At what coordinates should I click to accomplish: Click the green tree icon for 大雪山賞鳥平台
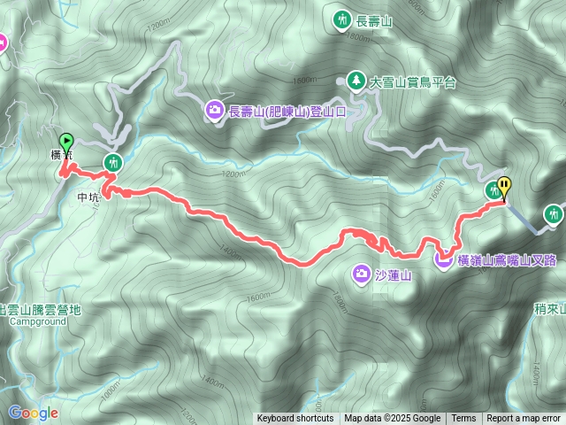coord(356,81)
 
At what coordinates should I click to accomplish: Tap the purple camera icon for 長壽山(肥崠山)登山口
coord(215,110)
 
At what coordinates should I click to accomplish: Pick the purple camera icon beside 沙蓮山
coord(361,273)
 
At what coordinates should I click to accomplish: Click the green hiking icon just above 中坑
coord(113,162)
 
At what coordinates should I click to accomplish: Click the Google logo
coord(34,413)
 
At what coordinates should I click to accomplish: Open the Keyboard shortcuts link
coord(295,419)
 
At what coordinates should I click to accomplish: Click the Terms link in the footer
coord(463,419)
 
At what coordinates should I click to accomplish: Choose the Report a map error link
coord(524,419)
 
